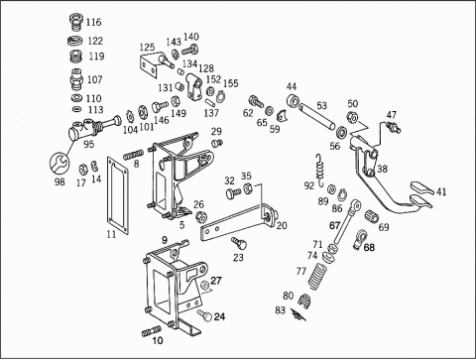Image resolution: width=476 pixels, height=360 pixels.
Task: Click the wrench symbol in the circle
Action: pyautogui.click(x=59, y=163)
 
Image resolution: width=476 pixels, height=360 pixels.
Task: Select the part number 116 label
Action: pyautogui.click(x=93, y=23)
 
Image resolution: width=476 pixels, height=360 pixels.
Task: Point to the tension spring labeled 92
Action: pyautogui.click(x=320, y=170)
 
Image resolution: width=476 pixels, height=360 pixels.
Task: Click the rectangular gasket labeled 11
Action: pyautogui.click(x=117, y=195)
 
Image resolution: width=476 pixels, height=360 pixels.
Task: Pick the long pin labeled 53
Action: pyautogui.click(x=316, y=116)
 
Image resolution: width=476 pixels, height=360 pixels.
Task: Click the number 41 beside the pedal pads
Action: pyautogui.click(x=441, y=191)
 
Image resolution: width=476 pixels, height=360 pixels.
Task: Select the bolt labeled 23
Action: pyautogui.click(x=239, y=243)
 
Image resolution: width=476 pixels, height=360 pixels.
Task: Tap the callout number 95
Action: pyautogui.click(x=88, y=144)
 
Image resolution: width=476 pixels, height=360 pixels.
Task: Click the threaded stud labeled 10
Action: pyautogui.click(x=152, y=331)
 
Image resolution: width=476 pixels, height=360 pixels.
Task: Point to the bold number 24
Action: pyautogui.click(x=219, y=316)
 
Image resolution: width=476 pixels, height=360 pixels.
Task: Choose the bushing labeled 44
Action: pyautogui.click(x=293, y=100)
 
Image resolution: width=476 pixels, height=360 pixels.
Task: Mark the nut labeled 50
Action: pyautogui.click(x=351, y=117)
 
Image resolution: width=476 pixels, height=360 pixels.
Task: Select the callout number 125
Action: pyautogui.click(x=147, y=47)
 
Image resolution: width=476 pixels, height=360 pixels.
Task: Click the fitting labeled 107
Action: pyautogui.click(x=76, y=80)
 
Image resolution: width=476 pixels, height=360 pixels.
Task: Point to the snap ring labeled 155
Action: pyautogui.click(x=220, y=96)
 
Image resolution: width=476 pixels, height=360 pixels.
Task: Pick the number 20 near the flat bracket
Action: pyautogui.click(x=282, y=226)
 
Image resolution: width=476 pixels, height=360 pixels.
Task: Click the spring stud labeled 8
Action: pyautogui.click(x=134, y=154)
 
